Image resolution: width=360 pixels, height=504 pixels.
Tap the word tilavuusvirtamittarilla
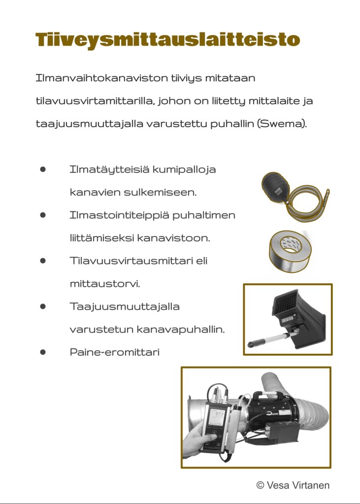click(95, 101)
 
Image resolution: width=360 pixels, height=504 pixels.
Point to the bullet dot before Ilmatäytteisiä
click(43, 169)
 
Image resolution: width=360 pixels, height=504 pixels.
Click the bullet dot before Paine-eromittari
click(43, 352)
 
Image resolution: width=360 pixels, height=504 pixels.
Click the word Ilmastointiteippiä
click(122, 215)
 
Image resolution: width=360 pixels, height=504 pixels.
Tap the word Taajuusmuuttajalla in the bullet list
click(125, 306)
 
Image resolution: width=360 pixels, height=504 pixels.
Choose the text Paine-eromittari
click(115, 353)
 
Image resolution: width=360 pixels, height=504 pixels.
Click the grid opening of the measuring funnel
click(285, 305)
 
